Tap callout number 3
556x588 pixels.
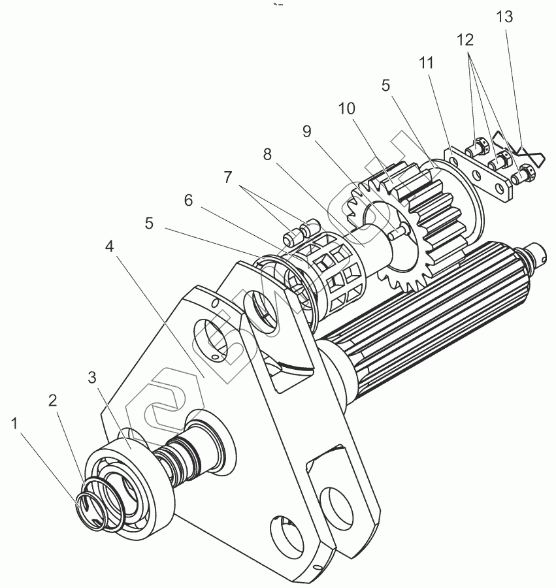click(93, 378)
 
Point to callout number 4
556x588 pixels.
click(110, 247)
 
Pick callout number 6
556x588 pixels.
click(188, 201)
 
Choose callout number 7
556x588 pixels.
click(228, 177)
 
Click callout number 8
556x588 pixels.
click(267, 155)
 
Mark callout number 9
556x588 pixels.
click(306, 131)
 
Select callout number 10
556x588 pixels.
click(346, 108)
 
